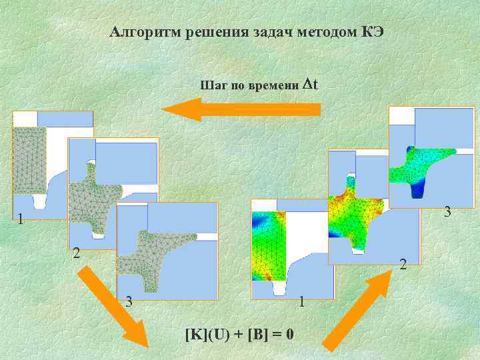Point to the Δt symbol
pyautogui.click(x=310, y=85)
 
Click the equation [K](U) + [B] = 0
pyautogui.click(x=240, y=333)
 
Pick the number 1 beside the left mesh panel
pyautogui.click(x=21, y=219)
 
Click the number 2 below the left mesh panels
pyautogui.click(x=77, y=253)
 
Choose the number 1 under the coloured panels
pyautogui.click(x=302, y=301)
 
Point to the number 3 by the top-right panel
pyautogui.click(x=448, y=212)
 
